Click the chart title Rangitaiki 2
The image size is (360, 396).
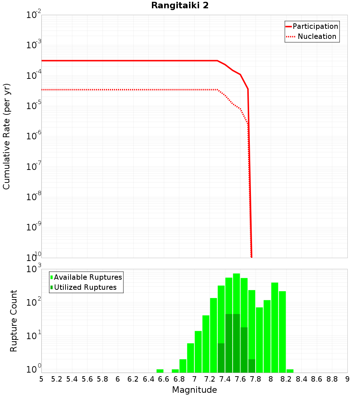point(180,5)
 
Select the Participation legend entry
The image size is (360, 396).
point(315,26)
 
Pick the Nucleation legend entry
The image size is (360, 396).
point(317,36)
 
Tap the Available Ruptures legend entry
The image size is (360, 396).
point(88,277)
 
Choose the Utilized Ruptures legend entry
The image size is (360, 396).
point(85,287)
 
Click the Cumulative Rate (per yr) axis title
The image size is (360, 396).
point(6,136)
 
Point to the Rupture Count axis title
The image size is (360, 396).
point(14,321)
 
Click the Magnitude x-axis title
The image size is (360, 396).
point(194,390)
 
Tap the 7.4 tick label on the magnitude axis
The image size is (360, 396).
point(225,379)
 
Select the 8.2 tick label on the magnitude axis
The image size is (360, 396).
point(286,379)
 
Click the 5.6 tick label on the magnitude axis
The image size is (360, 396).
point(87,379)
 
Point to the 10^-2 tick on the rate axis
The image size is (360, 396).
point(34,15)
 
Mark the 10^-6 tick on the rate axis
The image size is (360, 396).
point(34,136)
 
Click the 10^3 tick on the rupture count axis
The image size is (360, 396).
point(34,269)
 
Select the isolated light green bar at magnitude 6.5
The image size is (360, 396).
point(160,371)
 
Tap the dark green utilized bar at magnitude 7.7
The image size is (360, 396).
point(252,366)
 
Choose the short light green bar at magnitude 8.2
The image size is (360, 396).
point(290,371)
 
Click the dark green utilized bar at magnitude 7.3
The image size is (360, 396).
point(221,358)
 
